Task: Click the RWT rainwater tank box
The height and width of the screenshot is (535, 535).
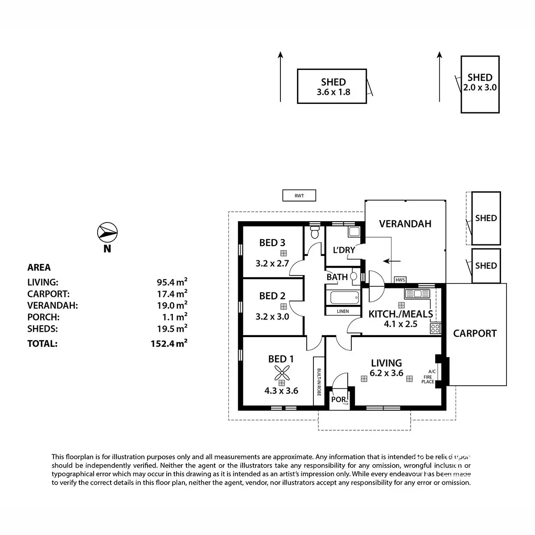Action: [x=299, y=195]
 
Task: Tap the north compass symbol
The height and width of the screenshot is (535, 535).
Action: [x=107, y=232]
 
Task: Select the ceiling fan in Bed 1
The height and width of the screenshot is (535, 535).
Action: [x=281, y=372]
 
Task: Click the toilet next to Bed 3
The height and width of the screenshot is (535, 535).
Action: [x=315, y=232]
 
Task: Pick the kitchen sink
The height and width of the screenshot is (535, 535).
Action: [x=417, y=293]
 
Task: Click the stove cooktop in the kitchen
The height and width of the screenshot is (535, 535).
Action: [x=435, y=329]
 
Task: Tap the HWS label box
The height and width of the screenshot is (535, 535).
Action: [x=400, y=280]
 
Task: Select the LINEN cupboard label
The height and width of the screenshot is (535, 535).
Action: [x=343, y=311]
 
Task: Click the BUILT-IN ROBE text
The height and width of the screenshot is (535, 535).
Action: [x=319, y=382]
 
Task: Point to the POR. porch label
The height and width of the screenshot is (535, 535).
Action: [x=339, y=399]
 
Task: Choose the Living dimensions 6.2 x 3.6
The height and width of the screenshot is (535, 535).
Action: [x=387, y=374]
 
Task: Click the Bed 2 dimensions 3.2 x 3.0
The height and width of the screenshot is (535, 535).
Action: [x=272, y=317]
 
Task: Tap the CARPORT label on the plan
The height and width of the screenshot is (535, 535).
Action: [x=475, y=333]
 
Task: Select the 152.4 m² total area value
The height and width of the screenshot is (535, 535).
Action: [x=169, y=343]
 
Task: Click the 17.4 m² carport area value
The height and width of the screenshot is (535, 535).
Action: [x=169, y=294]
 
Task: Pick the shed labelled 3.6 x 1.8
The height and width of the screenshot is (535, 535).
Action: [x=333, y=87]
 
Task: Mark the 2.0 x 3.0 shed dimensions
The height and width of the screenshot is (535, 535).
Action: [x=480, y=88]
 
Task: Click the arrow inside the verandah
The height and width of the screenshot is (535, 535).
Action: [x=392, y=261]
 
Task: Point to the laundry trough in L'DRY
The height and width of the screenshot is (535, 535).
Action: [x=355, y=231]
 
